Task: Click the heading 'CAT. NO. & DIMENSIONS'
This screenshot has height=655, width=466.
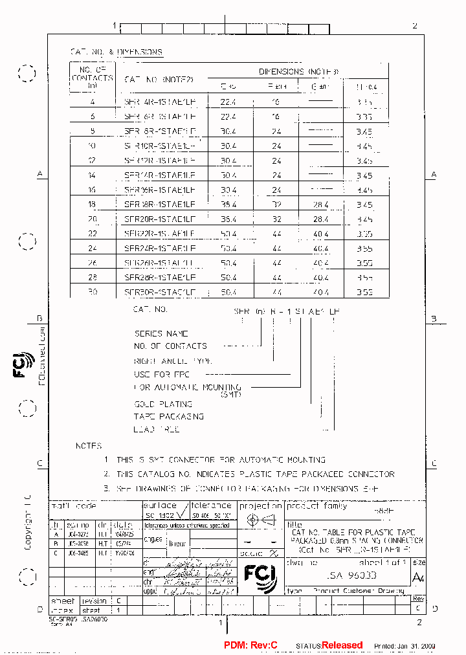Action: click(116, 52)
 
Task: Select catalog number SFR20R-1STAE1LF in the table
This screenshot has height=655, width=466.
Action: click(159, 219)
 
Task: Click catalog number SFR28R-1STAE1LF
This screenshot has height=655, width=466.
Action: click(159, 277)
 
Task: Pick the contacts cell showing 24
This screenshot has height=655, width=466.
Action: click(93, 248)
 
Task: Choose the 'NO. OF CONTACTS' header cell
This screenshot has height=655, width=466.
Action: click(93, 76)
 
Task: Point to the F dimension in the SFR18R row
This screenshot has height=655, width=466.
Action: click(276, 205)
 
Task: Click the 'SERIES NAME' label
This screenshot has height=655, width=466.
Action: click(161, 334)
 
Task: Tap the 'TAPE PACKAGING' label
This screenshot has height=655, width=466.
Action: click(169, 416)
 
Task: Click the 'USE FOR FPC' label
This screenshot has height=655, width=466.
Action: click(162, 374)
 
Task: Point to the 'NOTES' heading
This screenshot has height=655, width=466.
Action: click(89, 445)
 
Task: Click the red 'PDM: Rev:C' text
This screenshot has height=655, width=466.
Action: click(250, 645)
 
